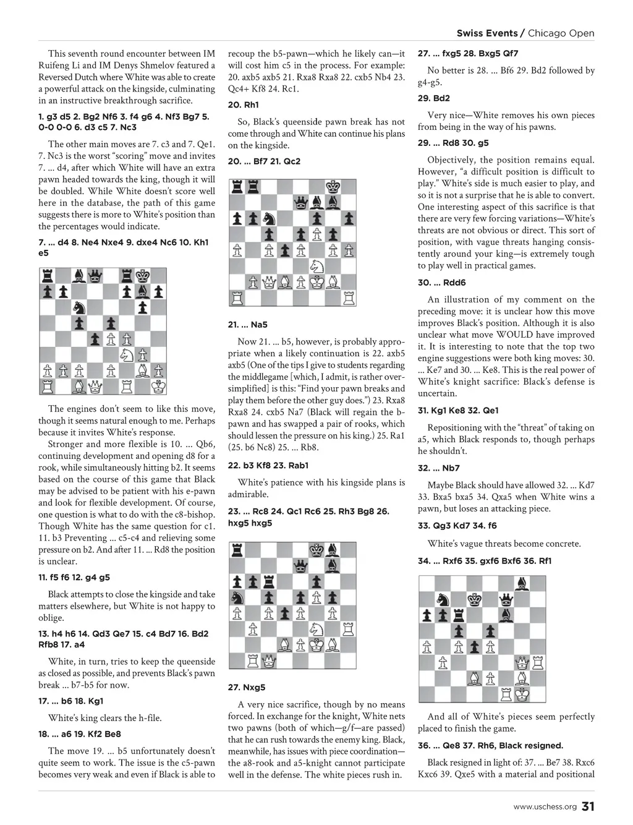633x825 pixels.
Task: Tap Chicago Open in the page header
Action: (561, 33)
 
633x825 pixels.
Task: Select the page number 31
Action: (588, 806)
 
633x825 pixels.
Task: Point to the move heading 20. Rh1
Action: (244, 105)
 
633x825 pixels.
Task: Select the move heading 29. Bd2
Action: (434, 98)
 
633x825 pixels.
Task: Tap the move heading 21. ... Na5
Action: (248, 325)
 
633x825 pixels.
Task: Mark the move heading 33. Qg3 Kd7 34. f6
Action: (457, 526)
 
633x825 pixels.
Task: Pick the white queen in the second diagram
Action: (269, 283)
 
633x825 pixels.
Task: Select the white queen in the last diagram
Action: (523, 663)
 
